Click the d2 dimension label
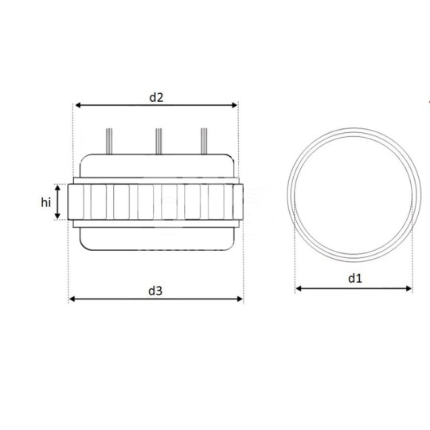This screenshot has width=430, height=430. (156, 97)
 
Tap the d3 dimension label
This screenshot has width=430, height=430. (156, 291)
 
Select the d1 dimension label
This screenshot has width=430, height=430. (355, 278)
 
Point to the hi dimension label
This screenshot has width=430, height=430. (46, 203)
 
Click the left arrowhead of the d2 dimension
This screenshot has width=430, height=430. (77, 105)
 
